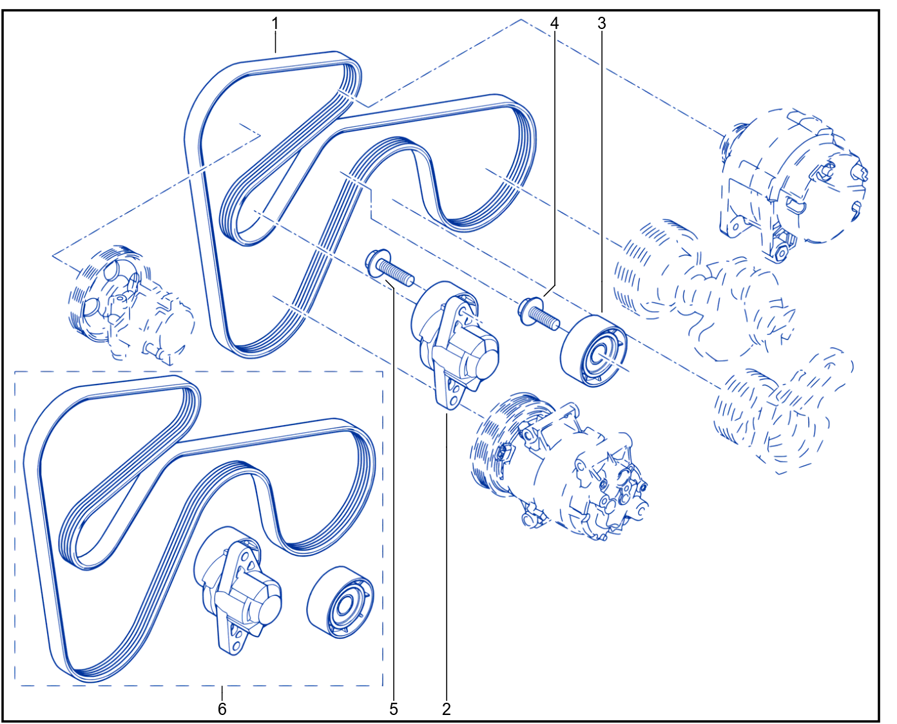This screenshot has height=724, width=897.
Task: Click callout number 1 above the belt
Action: click(275, 24)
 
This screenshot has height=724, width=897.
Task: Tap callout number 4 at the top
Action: click(554, 23)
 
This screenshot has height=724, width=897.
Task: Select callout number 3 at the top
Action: click(601, 23)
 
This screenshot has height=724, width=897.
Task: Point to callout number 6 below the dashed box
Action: click(222, 709)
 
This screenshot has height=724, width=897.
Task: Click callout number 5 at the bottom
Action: click(393, 709)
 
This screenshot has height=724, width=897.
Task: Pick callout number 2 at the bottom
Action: click(447, 709)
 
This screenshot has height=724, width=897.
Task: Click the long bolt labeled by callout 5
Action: click(390, 267)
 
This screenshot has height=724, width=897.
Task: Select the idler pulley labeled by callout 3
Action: click(593, 350)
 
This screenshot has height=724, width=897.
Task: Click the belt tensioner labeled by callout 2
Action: click(455, 343)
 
